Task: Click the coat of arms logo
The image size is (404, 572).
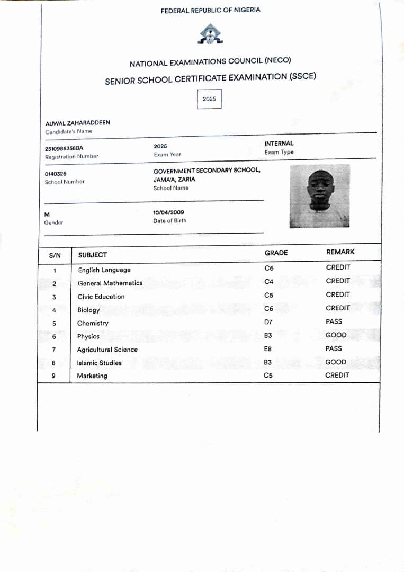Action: coord(210,34)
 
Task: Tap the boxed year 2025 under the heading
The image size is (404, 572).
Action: coord(209,99)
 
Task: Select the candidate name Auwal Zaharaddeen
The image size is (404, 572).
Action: coord(78,123)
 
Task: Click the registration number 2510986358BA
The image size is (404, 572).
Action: coord(64,149)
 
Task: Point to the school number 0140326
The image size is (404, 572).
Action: coord(56,174)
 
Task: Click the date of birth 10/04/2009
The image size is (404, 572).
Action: coord(168,212)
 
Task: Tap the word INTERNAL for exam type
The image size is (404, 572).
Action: coord(279,144)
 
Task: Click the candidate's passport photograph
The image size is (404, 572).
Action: coord(319,195)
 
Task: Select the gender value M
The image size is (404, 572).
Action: coord(47,215)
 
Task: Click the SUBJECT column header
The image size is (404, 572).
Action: coord(93,255)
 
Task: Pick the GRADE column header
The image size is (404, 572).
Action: coord(276,253)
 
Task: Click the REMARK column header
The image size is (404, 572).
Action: coord(340,252)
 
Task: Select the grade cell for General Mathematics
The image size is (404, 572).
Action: coord(269,282)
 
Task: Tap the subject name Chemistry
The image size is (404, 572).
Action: coord(93,323)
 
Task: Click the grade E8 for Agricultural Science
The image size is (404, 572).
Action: coord(268,349)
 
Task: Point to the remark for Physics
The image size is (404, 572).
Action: coord(336,335)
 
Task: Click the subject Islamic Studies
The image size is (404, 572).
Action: coord(99,363)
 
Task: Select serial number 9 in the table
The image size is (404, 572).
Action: coord(54,376)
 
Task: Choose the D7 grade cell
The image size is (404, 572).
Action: coord(268,322)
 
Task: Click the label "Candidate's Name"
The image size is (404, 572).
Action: coord(68,131)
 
